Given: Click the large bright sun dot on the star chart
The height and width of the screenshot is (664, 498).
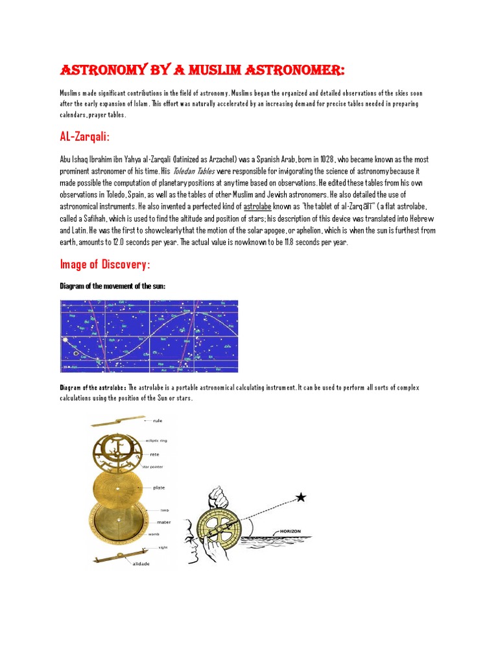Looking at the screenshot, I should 64,339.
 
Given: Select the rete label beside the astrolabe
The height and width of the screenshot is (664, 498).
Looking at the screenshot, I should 155,455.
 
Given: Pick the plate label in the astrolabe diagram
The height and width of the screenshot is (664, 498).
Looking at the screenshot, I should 160,487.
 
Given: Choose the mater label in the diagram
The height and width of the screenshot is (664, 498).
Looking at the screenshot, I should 163,521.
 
